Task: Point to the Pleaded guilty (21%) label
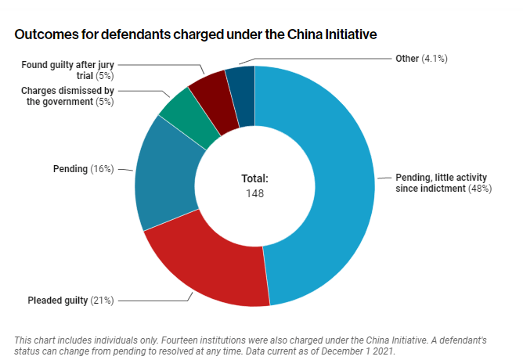click(71, 300)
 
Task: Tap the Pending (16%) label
click(83, 168)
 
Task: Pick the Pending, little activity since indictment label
click(443, 183)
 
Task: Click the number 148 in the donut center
click(254, 193)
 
